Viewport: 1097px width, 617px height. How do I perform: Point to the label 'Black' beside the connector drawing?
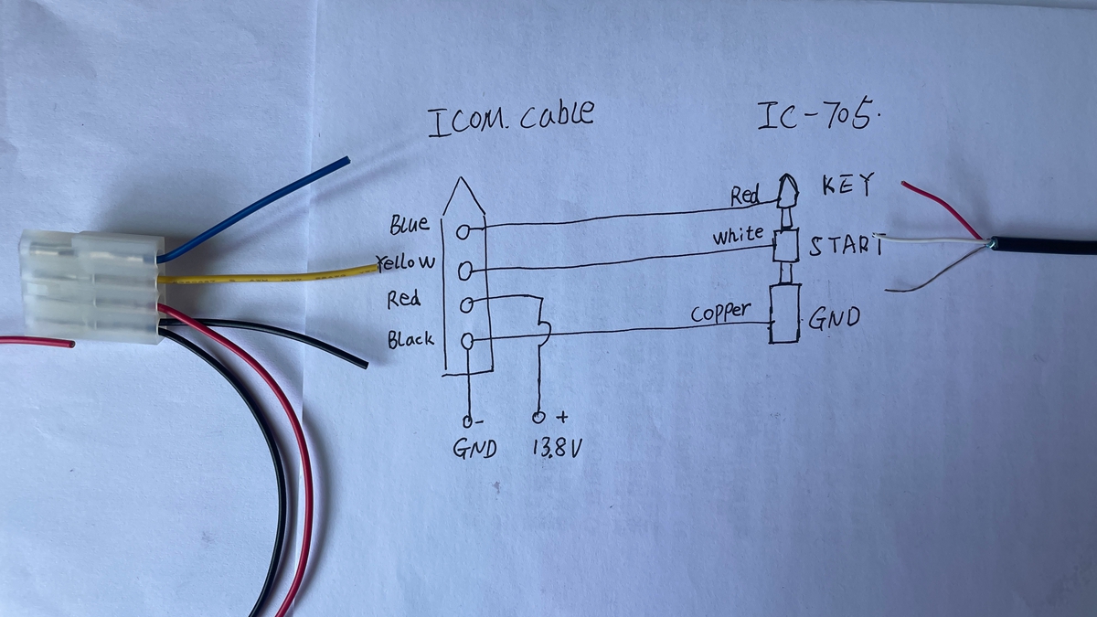click(x=410, y=340)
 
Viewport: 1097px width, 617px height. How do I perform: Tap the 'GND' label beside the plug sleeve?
click(x=833, y=319)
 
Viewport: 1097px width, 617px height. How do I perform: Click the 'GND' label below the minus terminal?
click(x=474, y=449)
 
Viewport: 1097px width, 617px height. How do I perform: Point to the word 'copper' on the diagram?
click(x=720, y=313)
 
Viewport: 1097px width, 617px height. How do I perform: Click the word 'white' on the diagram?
click(x=737, y=236)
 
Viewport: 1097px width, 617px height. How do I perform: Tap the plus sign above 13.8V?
click(x=562, y=417)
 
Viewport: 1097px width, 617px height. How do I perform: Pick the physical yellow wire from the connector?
click(x=265, y=276)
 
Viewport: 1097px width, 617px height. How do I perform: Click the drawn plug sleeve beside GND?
click(x=784, y=314)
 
